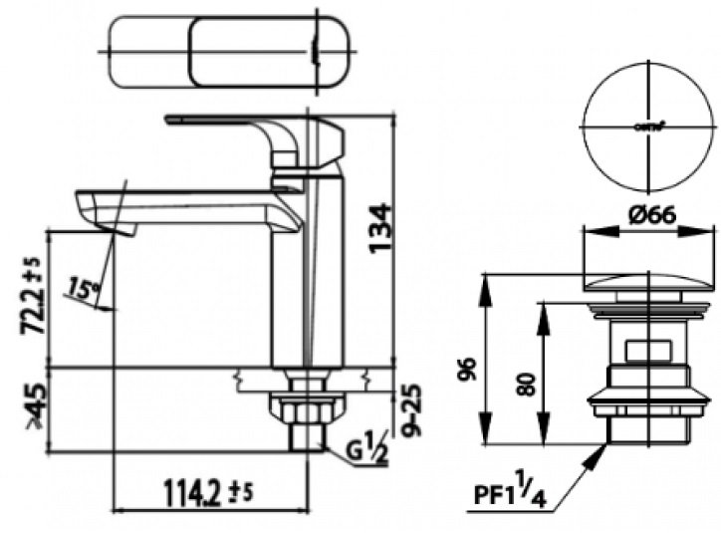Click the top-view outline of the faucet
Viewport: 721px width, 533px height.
point(230,51)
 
